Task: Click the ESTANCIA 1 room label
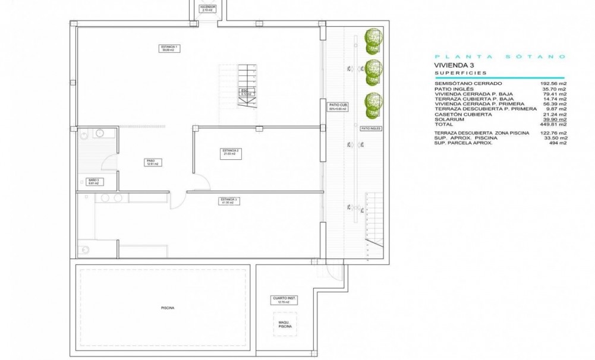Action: (169, 49)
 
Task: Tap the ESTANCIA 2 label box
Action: (231, 152)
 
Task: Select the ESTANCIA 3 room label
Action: (229, 200)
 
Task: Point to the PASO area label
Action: (151, 162)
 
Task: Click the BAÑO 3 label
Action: (93, 182)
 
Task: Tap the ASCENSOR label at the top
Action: (207, 9)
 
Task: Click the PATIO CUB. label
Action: (338, 107)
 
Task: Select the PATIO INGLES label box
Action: (371, 128)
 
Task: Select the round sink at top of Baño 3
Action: (99, 133)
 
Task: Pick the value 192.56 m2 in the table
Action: (554, 84)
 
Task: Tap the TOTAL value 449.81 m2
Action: (554, 125)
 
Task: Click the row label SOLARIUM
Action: (449, 119)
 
